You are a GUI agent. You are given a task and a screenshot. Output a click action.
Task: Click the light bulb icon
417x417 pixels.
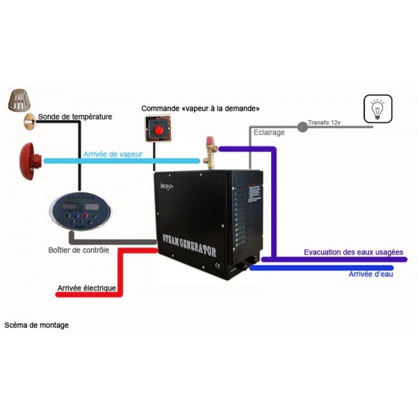click(377, 109)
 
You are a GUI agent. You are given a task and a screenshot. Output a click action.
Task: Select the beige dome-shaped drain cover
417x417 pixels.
click(20, 101)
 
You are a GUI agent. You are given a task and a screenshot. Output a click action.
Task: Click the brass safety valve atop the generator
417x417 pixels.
click(209, 147)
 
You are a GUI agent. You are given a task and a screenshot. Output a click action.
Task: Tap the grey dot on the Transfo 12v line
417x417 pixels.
click(302, 127)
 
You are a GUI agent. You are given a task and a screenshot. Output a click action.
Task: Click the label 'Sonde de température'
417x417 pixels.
click(75, 117)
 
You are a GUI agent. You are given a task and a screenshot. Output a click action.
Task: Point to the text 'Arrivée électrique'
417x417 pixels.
click(86, 288)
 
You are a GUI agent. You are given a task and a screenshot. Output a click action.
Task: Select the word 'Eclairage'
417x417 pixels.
click(268, 133)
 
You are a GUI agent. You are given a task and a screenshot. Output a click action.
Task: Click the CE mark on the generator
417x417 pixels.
click(217, 264)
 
